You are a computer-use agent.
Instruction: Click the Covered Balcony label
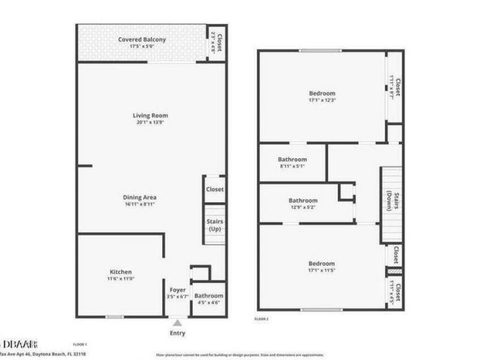coord(141,39)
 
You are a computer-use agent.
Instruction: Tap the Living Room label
coord(150,115)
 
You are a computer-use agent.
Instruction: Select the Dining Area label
coord(140,197)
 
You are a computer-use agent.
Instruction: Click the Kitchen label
coord(121,272)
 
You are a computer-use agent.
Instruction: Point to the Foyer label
coord(178,290)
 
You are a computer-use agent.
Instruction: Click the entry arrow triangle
coord(177,322)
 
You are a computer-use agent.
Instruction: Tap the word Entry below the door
coord(178,333)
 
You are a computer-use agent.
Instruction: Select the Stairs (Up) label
coord(215,225)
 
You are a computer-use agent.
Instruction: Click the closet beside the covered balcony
coord(216,42)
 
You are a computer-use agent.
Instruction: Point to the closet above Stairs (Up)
coord(215,189)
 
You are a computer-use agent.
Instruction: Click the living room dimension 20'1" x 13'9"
coord(150,122)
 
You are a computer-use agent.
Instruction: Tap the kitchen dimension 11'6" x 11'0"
coord(121,278)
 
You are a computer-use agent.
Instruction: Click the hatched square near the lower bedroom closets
coord(395,271)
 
